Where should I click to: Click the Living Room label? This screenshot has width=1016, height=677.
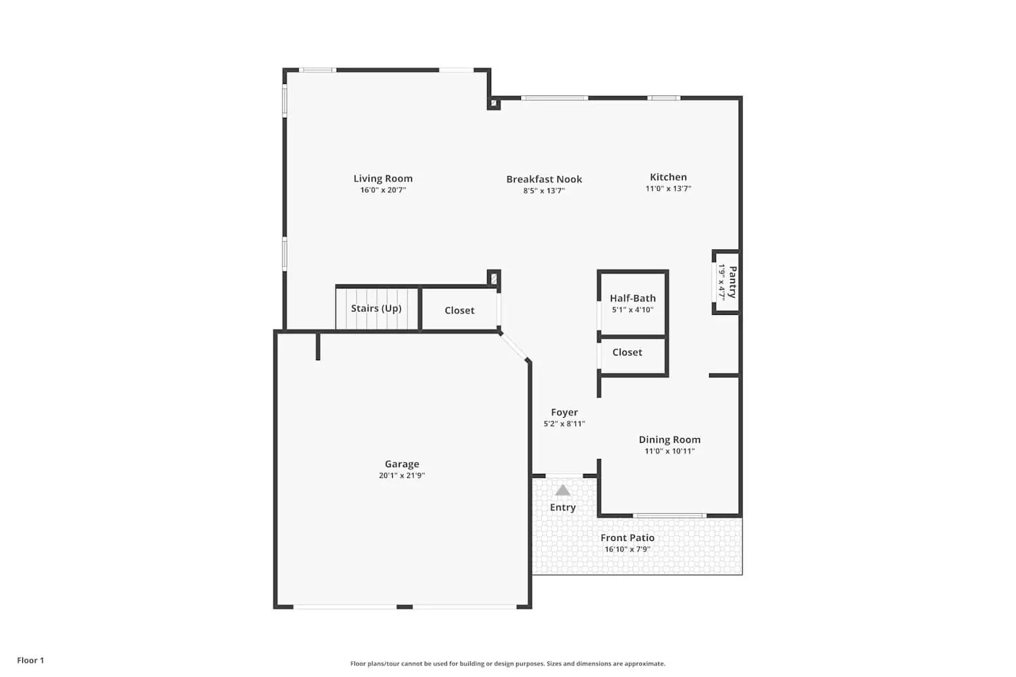pos(383,179)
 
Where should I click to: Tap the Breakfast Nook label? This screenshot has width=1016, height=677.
pos(544,179)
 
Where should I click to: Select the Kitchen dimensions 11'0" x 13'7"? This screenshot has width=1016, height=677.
pos(668,189)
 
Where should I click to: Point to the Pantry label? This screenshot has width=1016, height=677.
pos(733,282)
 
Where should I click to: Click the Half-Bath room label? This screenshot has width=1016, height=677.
pos(633,298)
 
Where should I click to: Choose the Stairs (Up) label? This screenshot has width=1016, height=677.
pos(376,309)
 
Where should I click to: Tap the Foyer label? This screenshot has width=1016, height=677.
pos(564,412)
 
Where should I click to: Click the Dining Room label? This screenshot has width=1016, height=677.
pos(669,439)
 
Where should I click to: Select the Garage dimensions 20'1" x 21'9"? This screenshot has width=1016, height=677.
pos(402,475)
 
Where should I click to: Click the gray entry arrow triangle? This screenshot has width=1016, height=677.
pos(563,490)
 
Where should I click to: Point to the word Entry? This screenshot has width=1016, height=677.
pos(563,508)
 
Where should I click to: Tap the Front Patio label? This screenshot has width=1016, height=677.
pos(627,538)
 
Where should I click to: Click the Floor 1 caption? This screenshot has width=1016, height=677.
pos(30,660)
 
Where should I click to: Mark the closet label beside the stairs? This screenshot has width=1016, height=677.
pos(459,311)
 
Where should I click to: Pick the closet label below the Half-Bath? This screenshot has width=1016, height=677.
pos(627,353)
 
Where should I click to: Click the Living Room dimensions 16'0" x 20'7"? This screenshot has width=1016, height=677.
pos(383,190)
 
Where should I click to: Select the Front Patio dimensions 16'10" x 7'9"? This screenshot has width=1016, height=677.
pos(627,549)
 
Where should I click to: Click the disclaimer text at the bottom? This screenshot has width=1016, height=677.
pos(507,663)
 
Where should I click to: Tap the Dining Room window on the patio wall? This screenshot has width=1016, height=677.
pos(669,516)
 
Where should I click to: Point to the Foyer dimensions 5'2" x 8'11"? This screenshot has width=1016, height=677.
pos(564,424)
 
